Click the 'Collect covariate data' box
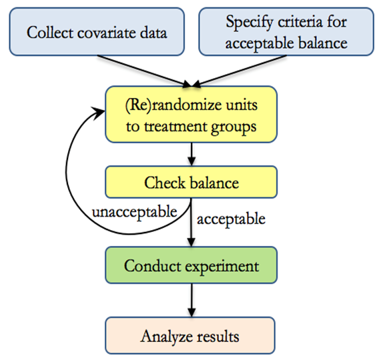[96, 31]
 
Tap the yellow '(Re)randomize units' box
[191, 114]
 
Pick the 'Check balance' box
[191, 182]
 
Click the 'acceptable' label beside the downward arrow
[230, 218]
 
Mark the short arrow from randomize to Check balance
[192, 153]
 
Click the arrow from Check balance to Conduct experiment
[192, 223]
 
